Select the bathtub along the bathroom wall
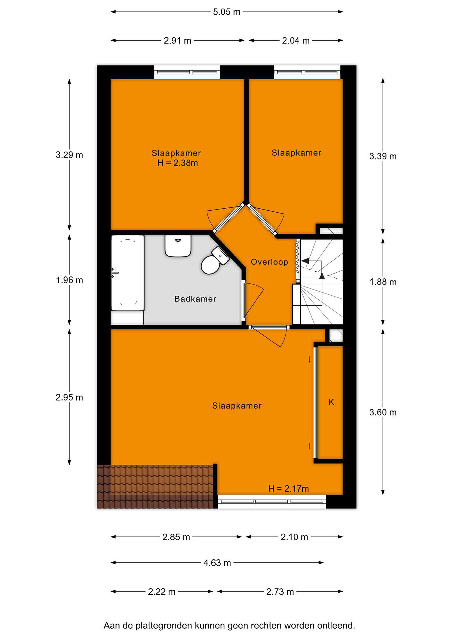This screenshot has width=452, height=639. pos(127,273)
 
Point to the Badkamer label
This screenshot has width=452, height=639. pos(195,299)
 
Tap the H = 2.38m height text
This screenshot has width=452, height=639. pos(178,163)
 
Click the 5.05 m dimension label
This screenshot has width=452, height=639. pos(227,12)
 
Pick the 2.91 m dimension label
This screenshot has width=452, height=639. pos(177,41)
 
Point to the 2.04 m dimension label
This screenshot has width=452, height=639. pos(296,41)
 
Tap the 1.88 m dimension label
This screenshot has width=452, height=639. pos(383,282)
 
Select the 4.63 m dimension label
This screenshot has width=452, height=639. pos(217,563)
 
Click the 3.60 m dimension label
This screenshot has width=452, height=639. pos(383,412)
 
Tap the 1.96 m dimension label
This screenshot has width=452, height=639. pos(69,280)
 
